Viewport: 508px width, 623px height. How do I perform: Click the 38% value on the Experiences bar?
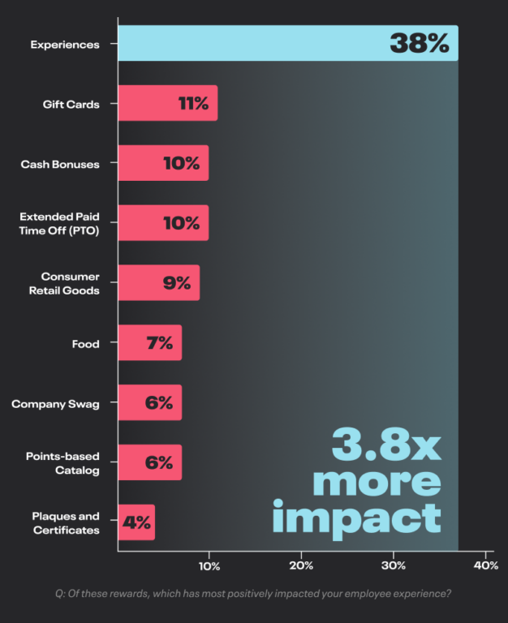[419, 44]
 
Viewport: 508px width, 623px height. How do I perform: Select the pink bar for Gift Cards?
[146, 103]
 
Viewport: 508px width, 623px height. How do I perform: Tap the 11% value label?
[193, 104]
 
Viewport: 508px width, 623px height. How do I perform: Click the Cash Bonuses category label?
[60, 164]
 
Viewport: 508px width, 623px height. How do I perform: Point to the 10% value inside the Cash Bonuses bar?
[181, 163]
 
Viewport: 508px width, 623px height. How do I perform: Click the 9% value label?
[176, 283]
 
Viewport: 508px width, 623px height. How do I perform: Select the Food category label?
[85, 343]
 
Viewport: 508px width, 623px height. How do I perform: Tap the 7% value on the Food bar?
[159, 343]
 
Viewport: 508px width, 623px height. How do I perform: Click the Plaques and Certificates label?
[66, 523]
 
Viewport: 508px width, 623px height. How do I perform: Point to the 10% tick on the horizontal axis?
[209, 565]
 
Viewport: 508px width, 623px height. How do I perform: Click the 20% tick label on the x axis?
[301, 565]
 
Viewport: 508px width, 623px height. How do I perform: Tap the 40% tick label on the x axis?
[484, 565]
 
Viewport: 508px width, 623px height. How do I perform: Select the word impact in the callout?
[356, 516]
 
